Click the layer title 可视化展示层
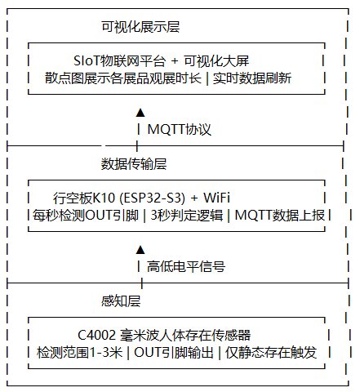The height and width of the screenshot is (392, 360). tap(140, 27)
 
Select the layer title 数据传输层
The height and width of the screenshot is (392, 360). tap(134, 164)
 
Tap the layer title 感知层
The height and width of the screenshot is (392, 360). tap(121, 301)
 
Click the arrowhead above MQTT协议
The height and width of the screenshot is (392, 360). tap(140, 113)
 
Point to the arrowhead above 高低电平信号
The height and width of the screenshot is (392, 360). tap(140, 250)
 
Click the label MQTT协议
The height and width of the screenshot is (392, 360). tap(179, 129)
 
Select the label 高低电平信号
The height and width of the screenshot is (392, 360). tap(186, 266)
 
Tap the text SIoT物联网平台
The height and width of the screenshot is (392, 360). tap(119, 61)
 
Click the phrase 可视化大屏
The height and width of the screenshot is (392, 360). tap(216, 61)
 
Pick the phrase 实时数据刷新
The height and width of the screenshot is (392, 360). tap(252, 78)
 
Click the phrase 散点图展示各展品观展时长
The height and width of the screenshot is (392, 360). tap(123, 78)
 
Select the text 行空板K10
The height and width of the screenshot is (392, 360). tap(84, 198)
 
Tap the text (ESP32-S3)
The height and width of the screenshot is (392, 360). tap(153, 198)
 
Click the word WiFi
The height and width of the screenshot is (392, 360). tap(217, 198)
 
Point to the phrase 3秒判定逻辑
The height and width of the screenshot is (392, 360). tap(187, 216)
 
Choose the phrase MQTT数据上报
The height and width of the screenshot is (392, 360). tap(280, 216)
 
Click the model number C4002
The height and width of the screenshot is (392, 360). tap(96, 335)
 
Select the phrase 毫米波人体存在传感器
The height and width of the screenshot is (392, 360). tap(185, 336)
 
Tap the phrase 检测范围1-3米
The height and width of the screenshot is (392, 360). tap(79, 353)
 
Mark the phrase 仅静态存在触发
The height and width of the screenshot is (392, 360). tap(271, 353)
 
